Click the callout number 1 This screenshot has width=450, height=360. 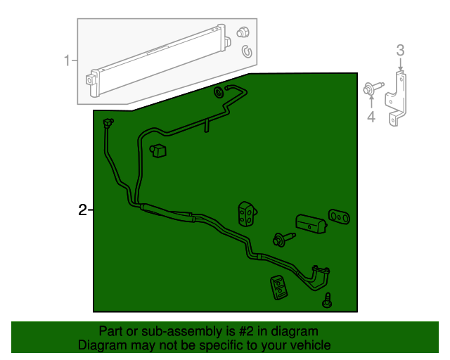[67, 61]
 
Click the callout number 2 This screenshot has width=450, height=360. [82, 210]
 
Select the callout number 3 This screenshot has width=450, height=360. [400, 50]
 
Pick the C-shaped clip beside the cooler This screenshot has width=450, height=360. [247, 51]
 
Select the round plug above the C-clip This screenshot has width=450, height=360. [244, 32]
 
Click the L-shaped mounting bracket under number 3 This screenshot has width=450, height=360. [399, 98]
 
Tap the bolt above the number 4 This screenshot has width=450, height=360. [370, 89]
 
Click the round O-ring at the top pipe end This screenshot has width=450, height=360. [218, 92]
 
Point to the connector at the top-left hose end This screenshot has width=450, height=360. [108, 124]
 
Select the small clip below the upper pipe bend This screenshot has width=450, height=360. [157, 150]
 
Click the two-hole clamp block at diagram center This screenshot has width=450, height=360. [247, 214]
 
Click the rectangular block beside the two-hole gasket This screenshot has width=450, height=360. [310, 224]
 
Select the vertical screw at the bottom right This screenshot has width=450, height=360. [327, 300]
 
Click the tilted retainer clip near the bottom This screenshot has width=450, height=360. [279, 287]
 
